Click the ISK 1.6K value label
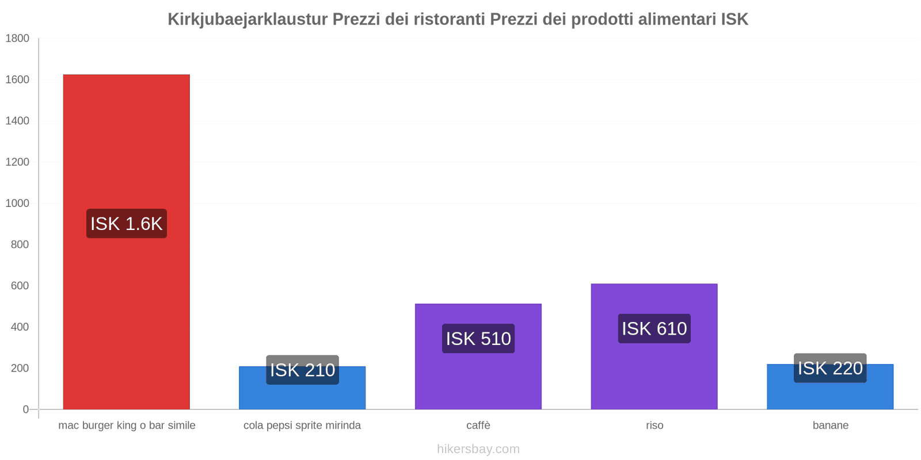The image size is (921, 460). [126, 224]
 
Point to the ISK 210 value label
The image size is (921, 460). [302, 370]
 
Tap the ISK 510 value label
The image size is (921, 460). [478, 339]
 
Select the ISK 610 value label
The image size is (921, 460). [654, 328]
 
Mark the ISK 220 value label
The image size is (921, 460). [830, 368]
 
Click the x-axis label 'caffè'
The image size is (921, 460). [478, 425]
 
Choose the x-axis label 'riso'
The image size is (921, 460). [654, 425]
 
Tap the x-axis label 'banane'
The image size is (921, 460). [830, 425]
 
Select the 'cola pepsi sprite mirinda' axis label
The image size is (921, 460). [302, 425]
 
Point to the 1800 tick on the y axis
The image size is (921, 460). [17, 39]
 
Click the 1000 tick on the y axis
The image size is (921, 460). [17, 204]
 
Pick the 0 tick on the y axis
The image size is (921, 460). [25, 409]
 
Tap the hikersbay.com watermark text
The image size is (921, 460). [478, 449]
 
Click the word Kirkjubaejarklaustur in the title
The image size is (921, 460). [248, 20]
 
